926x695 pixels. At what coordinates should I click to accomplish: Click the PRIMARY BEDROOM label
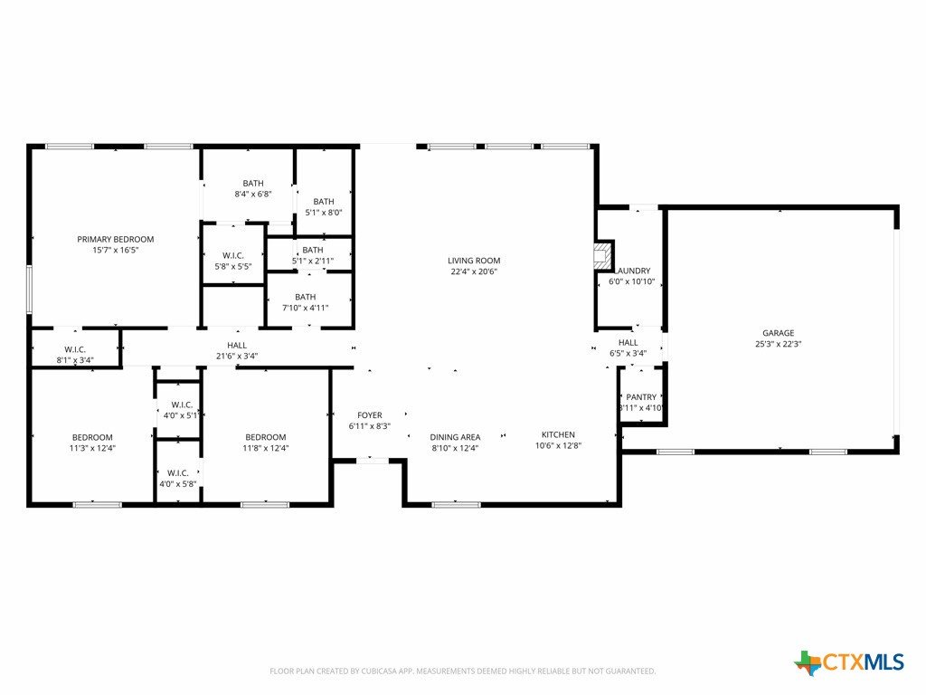click(115, 239)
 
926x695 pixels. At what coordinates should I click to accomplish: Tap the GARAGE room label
click(778, 333)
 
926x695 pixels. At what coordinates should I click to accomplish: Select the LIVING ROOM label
click(474, 261)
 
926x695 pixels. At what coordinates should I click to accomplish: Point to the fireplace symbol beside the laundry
click(603, 255)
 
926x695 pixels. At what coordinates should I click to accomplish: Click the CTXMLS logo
click(848, 662)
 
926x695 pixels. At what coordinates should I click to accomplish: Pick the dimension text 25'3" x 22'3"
click(778, 344)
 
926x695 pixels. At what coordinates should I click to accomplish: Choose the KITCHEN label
click(558, 435)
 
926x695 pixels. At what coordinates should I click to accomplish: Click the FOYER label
click(370, 415)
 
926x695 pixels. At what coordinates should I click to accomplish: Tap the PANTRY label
click(641, 397)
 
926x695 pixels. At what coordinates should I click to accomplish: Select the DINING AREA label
click(455, 437)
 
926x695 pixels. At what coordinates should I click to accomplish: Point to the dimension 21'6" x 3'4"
click(237, 356)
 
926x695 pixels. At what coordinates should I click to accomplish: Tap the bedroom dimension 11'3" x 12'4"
click(92, 448)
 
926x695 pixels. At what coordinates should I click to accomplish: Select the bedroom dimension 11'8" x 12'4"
click(266, 448)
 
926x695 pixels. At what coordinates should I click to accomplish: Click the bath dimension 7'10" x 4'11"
click(306, 308)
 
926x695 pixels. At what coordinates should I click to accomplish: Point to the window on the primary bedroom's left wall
click(29, 290)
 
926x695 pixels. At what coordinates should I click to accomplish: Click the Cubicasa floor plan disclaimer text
click(462, 671)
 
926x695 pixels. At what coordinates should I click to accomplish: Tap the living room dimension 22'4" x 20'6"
click(474, 271)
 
